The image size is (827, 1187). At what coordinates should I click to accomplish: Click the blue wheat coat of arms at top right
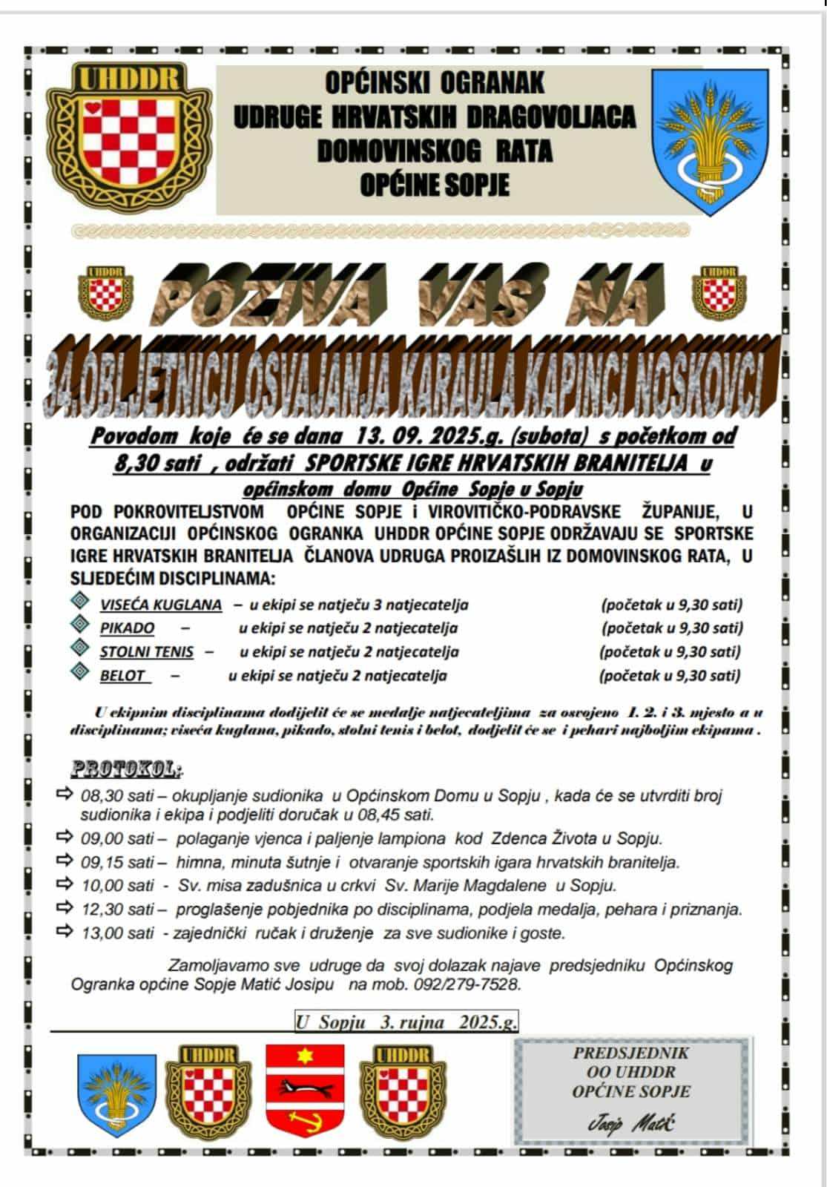[x=710, y=141]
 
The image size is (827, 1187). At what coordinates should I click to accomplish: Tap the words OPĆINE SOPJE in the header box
[x=435, y=184]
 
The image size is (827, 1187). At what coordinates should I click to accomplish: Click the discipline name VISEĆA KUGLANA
[x=161, y=605]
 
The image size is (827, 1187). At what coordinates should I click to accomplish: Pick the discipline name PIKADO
[x=128, y=628]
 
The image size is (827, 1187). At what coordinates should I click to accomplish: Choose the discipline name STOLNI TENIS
[x=147, y=652]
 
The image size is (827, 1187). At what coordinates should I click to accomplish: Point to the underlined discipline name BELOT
[x=123, y=676]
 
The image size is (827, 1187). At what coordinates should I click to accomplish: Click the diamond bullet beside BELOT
[x=79, y=672]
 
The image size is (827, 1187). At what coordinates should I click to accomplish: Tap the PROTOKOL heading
[x=126, y=769]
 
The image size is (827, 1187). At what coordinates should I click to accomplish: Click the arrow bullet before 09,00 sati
[x=65, y=838]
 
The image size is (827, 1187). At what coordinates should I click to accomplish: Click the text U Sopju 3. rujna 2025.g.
[x=406, y=1022]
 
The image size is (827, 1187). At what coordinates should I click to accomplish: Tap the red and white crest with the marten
[x=305, y=1090]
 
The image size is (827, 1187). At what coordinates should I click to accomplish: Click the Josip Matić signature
[x=630, y=1124]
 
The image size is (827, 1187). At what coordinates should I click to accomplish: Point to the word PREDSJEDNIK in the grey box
[x=630, y=1053]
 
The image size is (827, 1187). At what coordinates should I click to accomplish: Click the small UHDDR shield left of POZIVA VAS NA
[x=105, y=292]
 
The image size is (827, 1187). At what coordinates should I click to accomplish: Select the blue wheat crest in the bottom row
[x=117, y=1094]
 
